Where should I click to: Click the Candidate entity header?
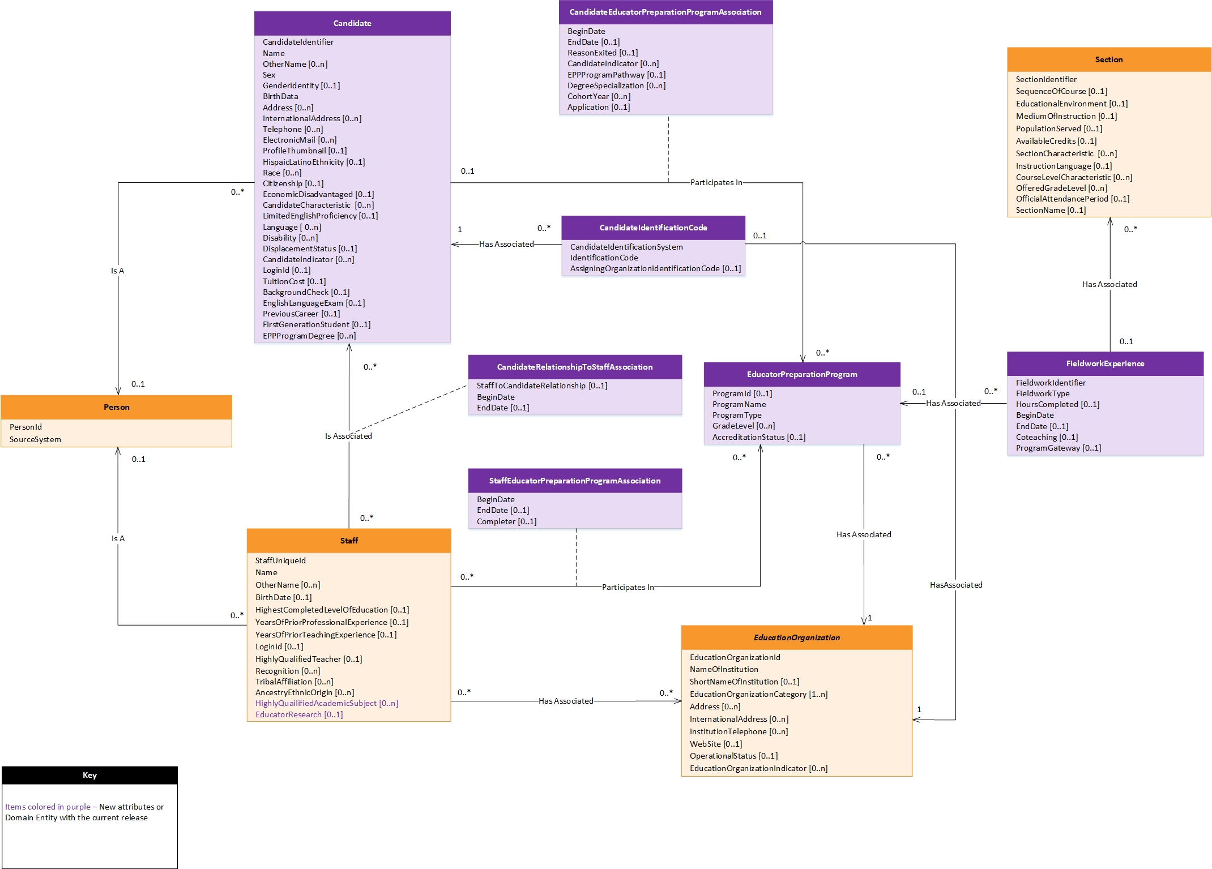(x=352, y=23)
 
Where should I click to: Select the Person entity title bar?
(x=116, y=407)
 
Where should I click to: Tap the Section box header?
(x=1108, y=59)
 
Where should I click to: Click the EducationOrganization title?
(x=796, y=637)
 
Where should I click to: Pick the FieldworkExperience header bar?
(x=1104, y=363)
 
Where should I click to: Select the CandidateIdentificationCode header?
(x=653, y=228)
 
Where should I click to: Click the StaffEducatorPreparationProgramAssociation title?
(x=574, y=481)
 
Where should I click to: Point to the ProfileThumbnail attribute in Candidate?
(x=304, y=151)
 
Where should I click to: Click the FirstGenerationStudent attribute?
(x=316, y=324)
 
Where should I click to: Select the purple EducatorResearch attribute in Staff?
(x=298, y=714)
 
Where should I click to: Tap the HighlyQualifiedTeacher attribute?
(x=308, y=659)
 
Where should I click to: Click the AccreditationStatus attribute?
(x=758, y=437)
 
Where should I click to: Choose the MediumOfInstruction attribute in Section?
(x=1066, y=116)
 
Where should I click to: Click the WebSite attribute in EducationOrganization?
(x=715, y=744)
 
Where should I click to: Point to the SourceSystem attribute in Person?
(x=35, y=439)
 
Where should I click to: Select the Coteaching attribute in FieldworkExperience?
(x=1046, y=437)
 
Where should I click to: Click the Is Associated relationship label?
(x=348, y=436)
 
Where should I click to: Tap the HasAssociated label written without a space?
(x=955, y=585)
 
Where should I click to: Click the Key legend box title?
(x=89, y=775)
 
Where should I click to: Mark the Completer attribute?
(x=506, y=521)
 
